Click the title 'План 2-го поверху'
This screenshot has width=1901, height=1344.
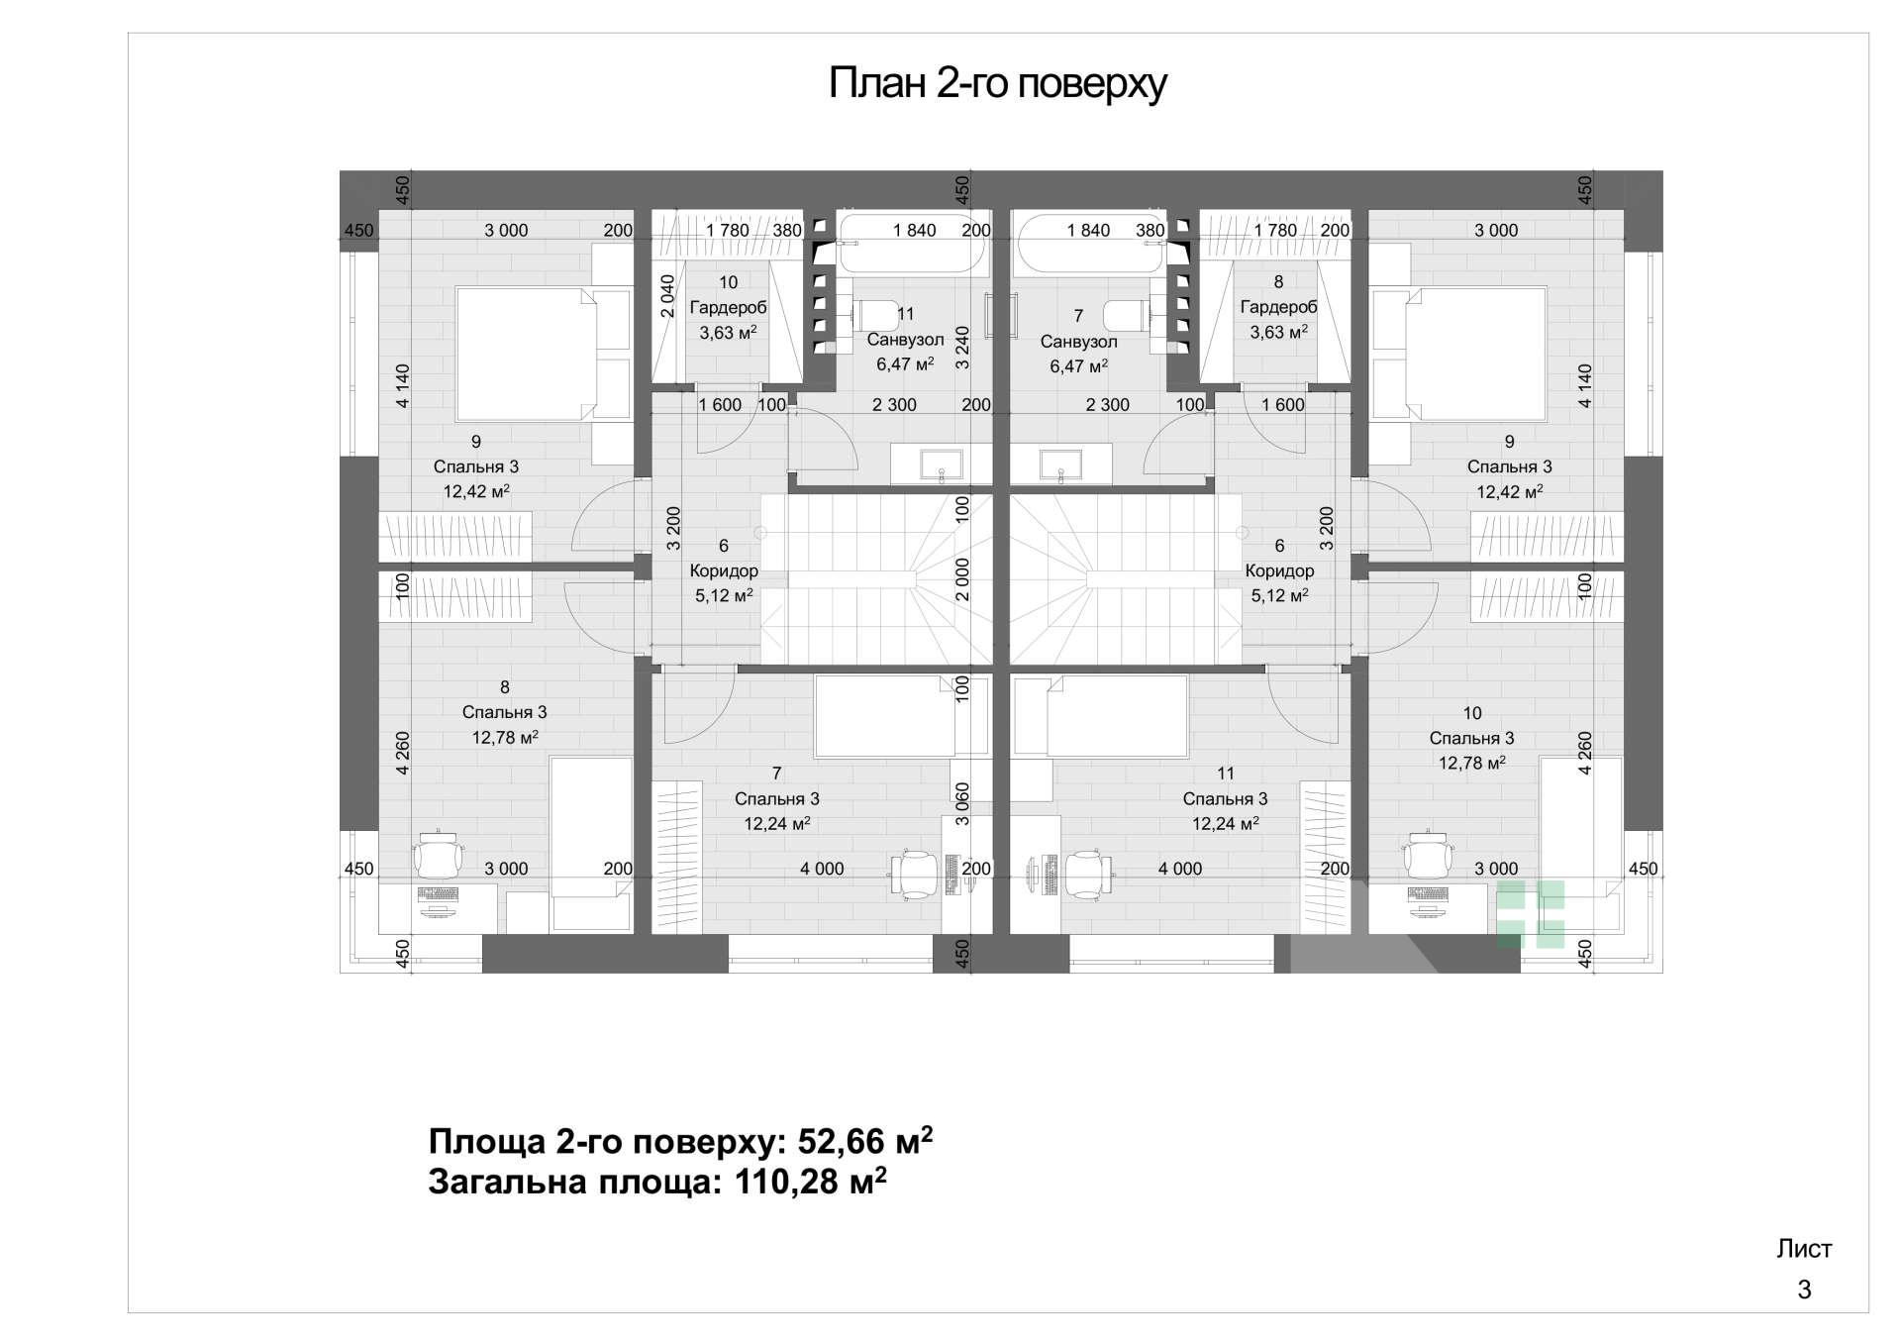pyautogui.click(x=997, y=83)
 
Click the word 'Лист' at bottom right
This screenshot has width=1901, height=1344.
pyautogui.click(x=1804, y=1249)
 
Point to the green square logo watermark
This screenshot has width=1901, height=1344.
pyautogui.click(x=1530, y=914)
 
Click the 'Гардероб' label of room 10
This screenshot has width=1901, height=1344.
pyautogui.click(x=728, y=307)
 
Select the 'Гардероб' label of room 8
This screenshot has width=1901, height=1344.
pyautogui.click(x=1278, y=307)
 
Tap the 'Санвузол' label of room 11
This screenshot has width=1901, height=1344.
pyautogui.click(x=905, y=340)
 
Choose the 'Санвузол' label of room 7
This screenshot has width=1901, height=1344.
pyautogui.click(x=1078, y=342)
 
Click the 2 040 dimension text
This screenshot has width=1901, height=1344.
pyautogui.click(x=667, y=296)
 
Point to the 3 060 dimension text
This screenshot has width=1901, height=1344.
pyautogui.click(x=962, y=804)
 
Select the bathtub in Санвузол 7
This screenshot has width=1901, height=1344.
pyautogui.click(x=1089, y=245)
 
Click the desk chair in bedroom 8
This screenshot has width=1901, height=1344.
pyautogui.click(x=437, y=856)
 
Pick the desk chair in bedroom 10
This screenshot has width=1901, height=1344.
pyautogui.click(x=1427, y=856)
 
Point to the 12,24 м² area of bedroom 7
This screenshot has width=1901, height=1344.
pyautogui.click(x=777, y=824)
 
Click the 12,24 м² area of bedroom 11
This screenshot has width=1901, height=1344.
pyautogui.click(x=1225, y=824)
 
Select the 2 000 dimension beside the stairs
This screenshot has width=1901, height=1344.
pyautogui.click(x=962, y=578)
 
